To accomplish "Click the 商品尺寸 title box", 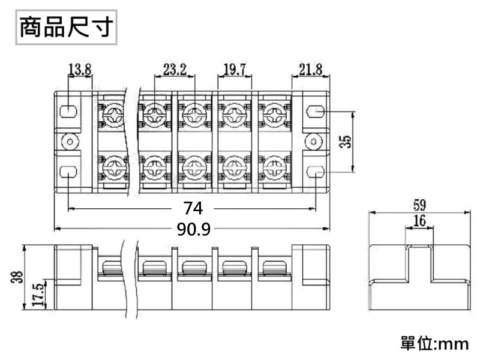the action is [66, 27].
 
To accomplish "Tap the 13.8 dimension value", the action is [80, 69].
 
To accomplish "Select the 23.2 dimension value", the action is [175, 69].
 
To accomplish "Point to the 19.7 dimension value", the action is [235, 69].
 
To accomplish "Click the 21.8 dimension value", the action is [310, 69].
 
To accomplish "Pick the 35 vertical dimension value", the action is [346, 142].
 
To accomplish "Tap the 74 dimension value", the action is [193, 208].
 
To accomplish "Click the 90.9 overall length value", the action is [193, 229].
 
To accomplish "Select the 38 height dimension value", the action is [17, 277].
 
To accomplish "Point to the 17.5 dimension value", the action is [38, 295].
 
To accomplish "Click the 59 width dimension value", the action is [419, 205].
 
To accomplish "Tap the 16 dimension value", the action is [419, 221].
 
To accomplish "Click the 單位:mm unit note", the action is [434, 343].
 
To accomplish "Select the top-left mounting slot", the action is [68, 112].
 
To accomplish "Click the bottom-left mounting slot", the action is [68, 172].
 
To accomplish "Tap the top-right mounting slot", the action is [316, 112].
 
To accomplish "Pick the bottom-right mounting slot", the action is [316, 172].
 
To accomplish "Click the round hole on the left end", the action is [70, 142].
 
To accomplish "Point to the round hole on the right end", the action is [314, 142].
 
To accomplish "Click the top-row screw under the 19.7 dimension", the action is [235, 115].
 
